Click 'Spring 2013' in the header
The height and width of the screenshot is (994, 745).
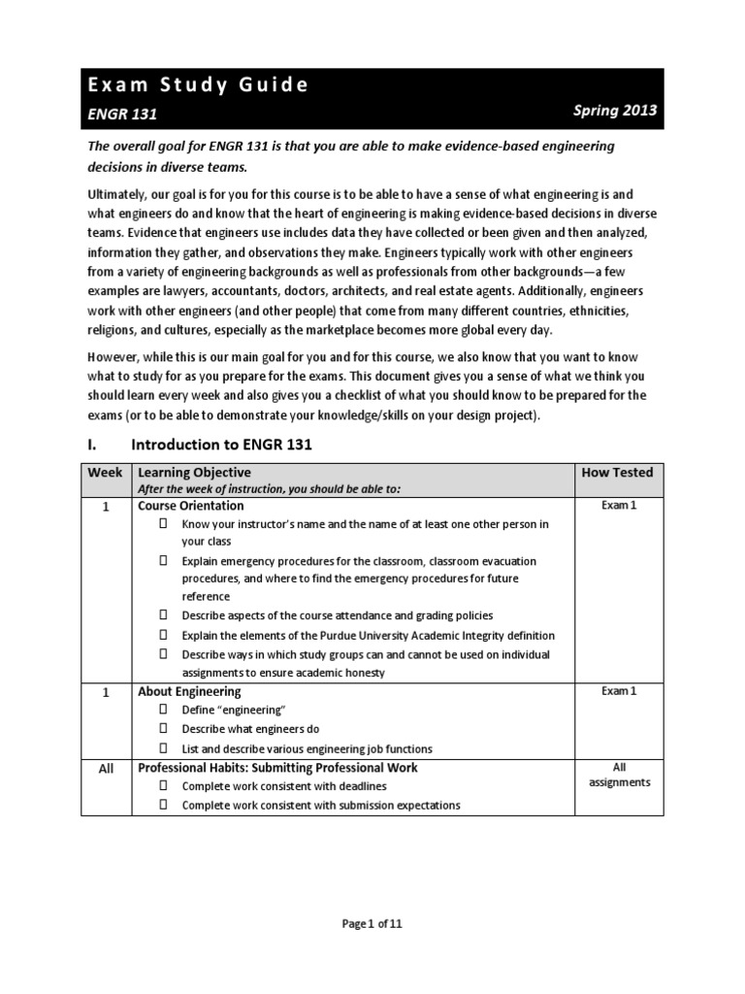(615, 110)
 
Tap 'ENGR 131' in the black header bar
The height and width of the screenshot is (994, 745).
(122, 114)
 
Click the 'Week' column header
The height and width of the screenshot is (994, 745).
(106, 472)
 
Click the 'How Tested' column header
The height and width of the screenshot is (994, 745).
(617, 472)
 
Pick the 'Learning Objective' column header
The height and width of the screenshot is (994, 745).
(195, 472)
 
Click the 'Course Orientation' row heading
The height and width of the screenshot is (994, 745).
(191, 506)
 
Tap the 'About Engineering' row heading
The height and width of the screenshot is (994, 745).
(189, 692)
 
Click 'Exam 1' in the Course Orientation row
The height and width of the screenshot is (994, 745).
(618, 506)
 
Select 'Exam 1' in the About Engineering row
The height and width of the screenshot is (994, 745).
(618, 691)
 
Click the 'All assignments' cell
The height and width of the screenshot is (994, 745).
(618, 775)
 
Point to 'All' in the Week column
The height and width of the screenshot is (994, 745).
(107, 768)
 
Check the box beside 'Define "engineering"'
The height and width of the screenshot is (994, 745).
(163, 711)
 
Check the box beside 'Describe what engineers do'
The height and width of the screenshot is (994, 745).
(163, 729)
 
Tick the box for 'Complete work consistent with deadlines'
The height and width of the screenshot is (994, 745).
(163, 785)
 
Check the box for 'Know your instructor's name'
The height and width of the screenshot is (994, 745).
(163, 524)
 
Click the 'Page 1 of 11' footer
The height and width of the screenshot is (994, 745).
(372, 923)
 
